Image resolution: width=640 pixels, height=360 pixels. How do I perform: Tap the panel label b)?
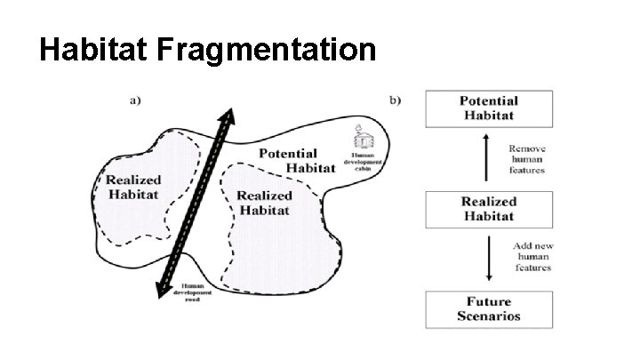[x=395, y=100]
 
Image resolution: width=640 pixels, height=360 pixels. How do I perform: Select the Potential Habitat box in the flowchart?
[x=489, y=108]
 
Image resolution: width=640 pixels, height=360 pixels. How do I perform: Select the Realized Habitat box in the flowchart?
[x=489, y=209]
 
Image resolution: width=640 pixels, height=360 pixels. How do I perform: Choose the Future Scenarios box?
[x=489, y=308]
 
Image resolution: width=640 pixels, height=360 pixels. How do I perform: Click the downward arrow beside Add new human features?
[x=487, y=259]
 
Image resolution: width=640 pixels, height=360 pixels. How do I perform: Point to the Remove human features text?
[x=526, y=158]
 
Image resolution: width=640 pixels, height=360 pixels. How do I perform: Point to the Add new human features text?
[x=531, y=256]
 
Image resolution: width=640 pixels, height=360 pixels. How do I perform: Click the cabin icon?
[x=364, y=140]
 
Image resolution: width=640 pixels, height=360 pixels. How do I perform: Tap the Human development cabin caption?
[x=364, y=161]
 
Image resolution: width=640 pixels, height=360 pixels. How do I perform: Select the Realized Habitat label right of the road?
[x=265, y=202]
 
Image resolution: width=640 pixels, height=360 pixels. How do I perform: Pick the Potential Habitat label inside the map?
[x=288, y=161]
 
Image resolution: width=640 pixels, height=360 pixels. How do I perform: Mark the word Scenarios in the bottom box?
[x=489, y=316]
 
